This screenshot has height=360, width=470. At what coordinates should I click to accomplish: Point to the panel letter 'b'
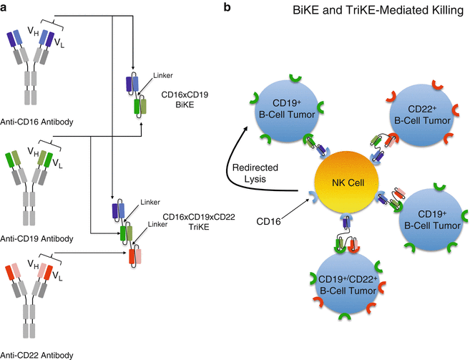click(x=227, y=8)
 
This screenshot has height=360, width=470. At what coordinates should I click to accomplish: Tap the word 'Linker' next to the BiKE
click(x=162, y=74)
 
